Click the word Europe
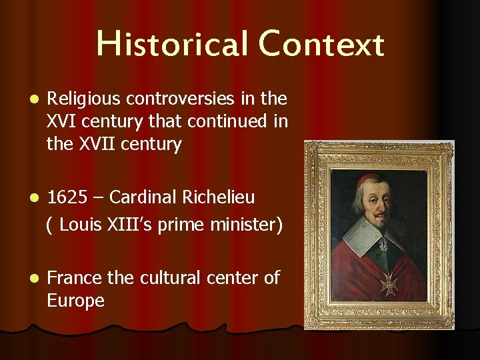[x=75, y=301]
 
